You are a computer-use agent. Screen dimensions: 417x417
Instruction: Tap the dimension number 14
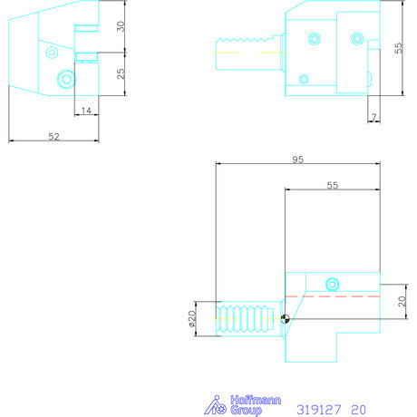(x=85, y=110)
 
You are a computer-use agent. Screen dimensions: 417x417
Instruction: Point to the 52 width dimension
(x=53, y=136)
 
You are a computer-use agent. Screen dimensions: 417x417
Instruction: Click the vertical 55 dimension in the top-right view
(x=398, y=47)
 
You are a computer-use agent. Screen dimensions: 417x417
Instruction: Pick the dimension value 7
(x=373, y=118)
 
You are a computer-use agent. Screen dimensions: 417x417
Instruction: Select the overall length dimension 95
(x=298, y=159)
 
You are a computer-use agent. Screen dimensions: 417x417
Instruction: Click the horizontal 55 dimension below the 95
(x=331, y=184)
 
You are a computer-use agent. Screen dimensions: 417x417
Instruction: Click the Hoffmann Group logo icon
(x=214, y=405)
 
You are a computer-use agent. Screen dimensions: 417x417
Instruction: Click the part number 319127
(x=318, y=409)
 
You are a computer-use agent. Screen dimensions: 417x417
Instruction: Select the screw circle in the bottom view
(x=333, y=282)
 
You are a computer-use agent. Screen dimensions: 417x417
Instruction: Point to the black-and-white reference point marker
(x=286, y=317)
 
